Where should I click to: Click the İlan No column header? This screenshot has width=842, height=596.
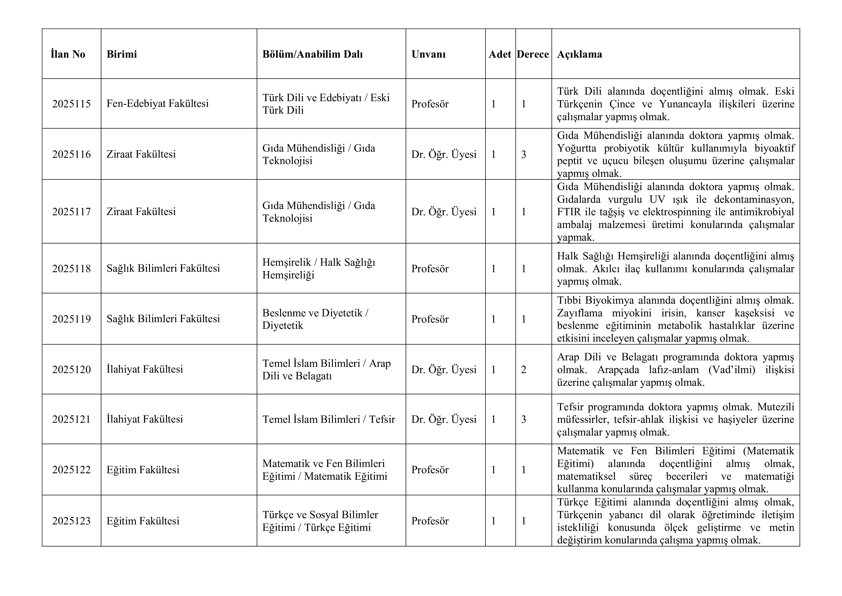coord(68,54)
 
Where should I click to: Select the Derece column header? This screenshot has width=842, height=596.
coord(533,54)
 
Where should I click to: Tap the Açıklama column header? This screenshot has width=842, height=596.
coord(579,54)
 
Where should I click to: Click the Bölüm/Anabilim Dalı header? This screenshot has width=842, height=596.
coord(313,54)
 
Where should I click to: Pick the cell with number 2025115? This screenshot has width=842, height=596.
coord(72,104)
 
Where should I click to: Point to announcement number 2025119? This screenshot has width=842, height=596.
coord(72,319)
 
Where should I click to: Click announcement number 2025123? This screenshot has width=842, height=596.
coord(72,521)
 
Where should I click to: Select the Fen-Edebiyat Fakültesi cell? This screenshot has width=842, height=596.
coord(158,104)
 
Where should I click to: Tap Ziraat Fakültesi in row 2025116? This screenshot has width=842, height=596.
coord(141,154)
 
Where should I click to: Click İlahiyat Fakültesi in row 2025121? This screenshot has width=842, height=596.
coord(145,419)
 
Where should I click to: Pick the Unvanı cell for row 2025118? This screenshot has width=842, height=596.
coord(430,269)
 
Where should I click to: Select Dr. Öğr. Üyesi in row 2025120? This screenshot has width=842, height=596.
coord(444,369)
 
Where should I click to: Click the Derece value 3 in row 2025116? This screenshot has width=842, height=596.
coord(524,154)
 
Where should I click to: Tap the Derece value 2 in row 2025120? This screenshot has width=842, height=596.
coord(524,369)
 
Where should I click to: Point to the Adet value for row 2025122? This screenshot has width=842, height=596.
coord(494,470)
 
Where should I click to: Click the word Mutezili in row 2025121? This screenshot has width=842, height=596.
coord(776,407)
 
